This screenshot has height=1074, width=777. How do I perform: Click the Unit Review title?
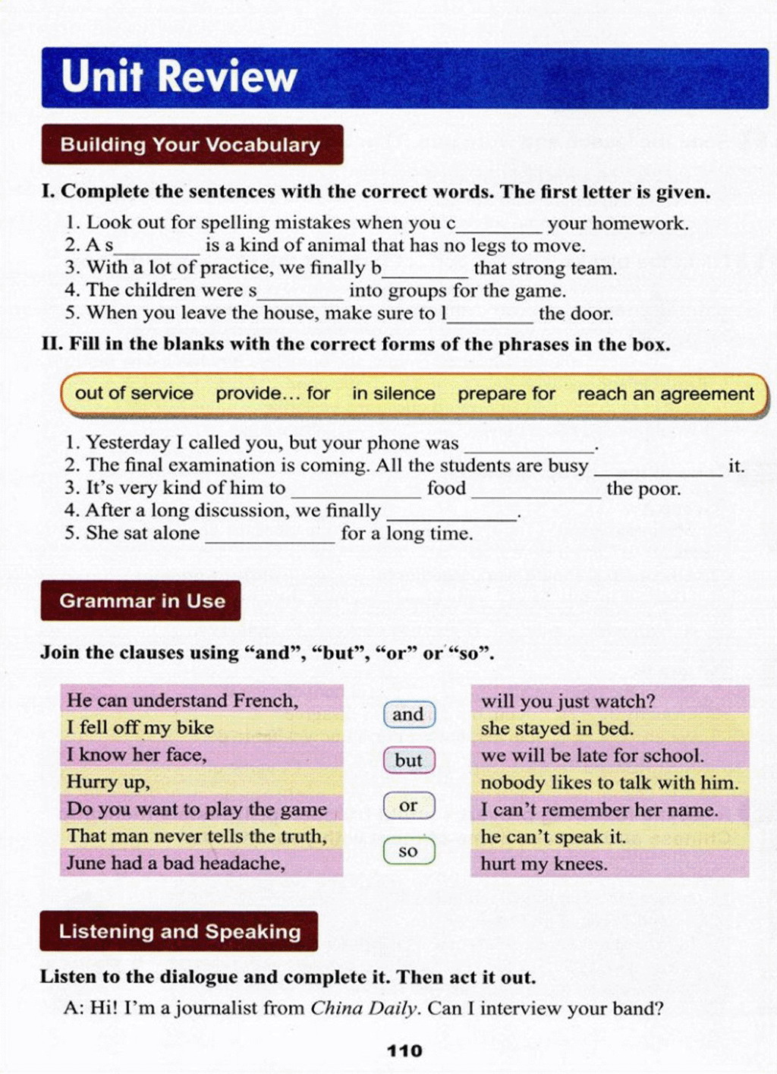coord(179,77)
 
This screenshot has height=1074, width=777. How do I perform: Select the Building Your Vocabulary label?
coord(190,145)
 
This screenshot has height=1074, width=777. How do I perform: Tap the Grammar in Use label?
coord(142,601)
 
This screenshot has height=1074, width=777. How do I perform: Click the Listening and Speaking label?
coord(180,931)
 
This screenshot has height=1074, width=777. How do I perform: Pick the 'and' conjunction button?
coord(408,714)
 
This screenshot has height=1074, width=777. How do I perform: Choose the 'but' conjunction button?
coord(408,760)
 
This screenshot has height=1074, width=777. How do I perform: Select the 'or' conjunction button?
coord(408,805)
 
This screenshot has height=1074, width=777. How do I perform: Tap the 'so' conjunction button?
coord(408,851)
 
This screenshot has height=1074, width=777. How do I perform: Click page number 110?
coord(404,1050)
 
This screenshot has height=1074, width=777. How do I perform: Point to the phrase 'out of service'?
coord(134,393)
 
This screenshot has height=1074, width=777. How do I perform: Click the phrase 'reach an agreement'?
coord(665,394)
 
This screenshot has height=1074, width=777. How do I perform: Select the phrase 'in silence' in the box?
coord(393,393)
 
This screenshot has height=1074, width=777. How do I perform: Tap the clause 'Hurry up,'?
coord(109,782)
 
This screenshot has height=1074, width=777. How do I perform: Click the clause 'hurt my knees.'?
coord(544,864)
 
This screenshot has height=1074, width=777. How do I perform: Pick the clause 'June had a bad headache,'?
coord(176,863)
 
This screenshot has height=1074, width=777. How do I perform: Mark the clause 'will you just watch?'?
coord(568,701)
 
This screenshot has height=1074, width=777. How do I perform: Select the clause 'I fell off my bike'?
coord(140,727)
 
